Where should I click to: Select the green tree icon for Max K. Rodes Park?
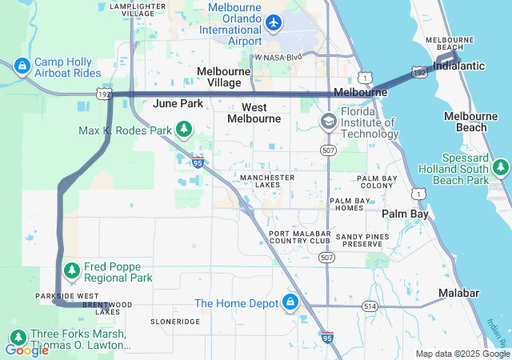point(185,129)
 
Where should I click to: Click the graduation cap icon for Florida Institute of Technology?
point(328,122)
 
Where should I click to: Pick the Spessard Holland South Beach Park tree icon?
point(501,167)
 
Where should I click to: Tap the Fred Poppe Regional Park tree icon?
point(71,271)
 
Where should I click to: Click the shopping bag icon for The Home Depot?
point(289,303)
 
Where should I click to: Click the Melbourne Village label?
point(224,77)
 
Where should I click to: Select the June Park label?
point(178,104)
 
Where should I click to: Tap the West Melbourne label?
point(254,113)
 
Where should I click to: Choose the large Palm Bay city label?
point(405,214)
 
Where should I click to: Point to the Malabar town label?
point(458,294)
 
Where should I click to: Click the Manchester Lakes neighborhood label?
point(266,181)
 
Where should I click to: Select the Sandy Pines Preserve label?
point(364,241)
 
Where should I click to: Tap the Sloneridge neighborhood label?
point(175,321)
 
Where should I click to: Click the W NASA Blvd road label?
point(278,58)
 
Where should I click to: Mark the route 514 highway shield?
point(369,306)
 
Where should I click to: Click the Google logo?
point(26,350)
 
